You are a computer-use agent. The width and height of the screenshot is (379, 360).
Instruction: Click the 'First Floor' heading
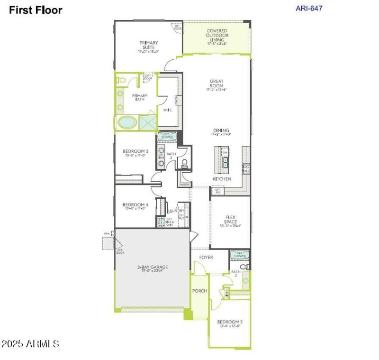[36, 10]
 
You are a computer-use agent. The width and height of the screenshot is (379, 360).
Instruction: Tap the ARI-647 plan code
[309, 8]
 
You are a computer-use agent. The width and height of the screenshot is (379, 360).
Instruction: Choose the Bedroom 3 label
[132, 153]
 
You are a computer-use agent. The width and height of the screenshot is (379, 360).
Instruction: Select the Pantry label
[184, 184]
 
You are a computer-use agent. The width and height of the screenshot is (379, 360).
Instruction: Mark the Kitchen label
[222, 179]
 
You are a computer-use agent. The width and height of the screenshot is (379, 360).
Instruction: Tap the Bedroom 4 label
[132, 206]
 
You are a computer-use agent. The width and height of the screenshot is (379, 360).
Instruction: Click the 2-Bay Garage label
[153, 269]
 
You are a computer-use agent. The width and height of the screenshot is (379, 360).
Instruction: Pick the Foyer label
[206, 257]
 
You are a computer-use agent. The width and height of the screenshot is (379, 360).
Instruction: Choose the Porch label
[199, 291]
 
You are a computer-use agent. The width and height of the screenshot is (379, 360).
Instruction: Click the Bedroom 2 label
[230, 323]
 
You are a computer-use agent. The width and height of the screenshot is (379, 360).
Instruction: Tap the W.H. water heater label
[107, 234]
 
